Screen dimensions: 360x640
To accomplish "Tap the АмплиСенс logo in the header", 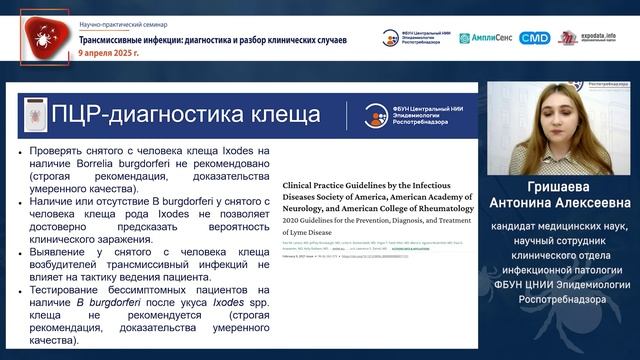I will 486,38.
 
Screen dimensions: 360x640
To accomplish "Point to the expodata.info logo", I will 599,37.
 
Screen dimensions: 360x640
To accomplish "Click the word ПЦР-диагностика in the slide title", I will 141,114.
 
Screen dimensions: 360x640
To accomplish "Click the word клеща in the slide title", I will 277,114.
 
